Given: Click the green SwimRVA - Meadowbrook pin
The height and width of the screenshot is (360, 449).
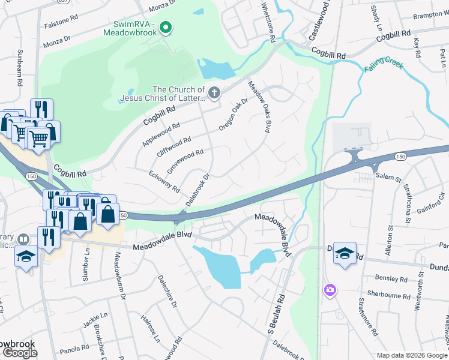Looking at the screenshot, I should click(x=167, y=28).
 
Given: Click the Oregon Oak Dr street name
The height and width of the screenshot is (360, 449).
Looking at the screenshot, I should click(x=234, y=114).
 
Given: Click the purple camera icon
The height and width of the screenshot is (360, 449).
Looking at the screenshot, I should click(x=330, y=290).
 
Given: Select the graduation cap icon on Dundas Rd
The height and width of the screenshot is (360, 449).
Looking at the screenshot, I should click(x=345, y=253).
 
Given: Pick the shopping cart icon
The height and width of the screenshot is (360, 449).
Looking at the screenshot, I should click(x=38, y=138).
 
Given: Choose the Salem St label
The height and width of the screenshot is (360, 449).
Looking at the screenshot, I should click(x=387, y=176).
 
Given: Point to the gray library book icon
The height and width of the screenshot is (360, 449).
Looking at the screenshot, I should click(x=23, y=239).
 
